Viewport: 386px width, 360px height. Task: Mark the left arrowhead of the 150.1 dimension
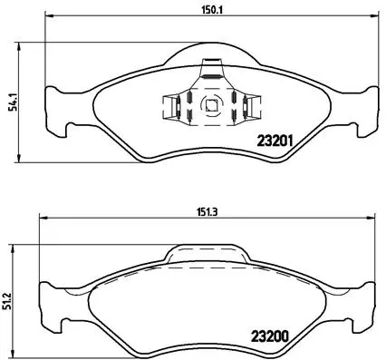pos(47,17)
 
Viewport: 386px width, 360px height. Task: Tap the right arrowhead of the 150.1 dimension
pos(374,17)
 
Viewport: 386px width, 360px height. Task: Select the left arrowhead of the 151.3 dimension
pos(40,219)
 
